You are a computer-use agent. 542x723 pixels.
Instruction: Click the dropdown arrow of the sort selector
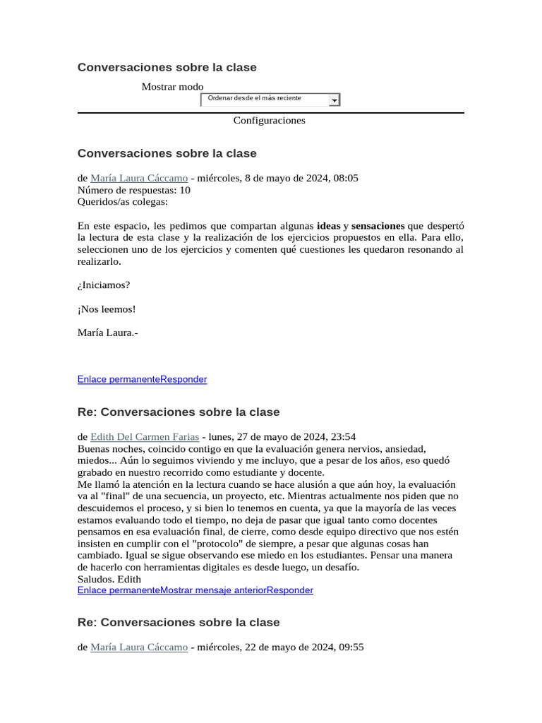tap(334, 100)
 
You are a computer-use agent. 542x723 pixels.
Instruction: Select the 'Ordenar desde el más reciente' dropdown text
tap(254, 98)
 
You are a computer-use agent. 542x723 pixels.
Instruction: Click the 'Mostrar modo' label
tap(172, 87)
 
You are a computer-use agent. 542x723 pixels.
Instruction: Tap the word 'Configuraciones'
tap(269, 121)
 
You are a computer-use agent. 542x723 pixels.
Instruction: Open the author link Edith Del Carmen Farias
tap(145, 437)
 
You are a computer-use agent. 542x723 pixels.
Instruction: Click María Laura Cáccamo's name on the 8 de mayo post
tap(139, 179)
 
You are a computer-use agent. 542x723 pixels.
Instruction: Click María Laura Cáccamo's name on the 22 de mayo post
tap(139, 647)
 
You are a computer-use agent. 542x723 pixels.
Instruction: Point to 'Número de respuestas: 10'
tap(133, 190)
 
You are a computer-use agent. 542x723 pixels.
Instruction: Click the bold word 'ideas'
tap(328, 226)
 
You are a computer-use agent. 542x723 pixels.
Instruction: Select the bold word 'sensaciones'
tap(378, 226)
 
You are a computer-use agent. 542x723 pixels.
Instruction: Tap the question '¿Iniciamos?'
tap(104, 285)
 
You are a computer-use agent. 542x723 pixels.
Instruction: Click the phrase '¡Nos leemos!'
tap(106, 309)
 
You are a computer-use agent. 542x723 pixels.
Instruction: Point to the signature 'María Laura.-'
tap(107, 333)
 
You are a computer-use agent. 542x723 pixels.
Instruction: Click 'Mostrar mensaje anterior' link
tap(212, 590)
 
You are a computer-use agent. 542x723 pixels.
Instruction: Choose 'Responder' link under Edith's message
tap(289, 590)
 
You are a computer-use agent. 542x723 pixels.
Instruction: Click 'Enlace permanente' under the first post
tap(119, 380)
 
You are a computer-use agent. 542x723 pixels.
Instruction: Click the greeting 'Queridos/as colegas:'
tap(123, 202)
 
